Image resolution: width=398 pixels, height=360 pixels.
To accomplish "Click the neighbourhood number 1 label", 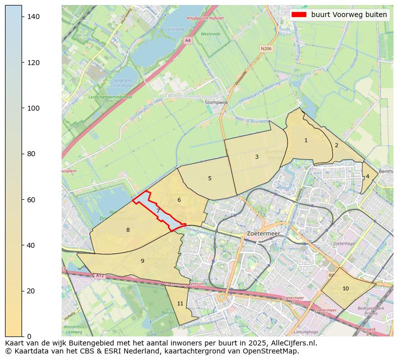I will tap(306, 141).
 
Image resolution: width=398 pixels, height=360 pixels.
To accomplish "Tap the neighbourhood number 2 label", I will tap(336, 146).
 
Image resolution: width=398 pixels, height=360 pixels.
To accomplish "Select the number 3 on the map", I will tap(257, 157).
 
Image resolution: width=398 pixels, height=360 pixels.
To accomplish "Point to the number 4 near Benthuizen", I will tap(367, 176).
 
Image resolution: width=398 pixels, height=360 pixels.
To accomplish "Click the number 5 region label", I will tap(210, 178).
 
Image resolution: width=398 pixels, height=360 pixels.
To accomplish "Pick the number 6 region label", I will tap(178, 200).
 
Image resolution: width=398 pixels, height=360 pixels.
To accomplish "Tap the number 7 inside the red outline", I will tap(158, 211).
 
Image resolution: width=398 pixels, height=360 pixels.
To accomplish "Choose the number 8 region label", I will tap(128, 230).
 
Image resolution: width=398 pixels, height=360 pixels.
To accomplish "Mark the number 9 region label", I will tap(142, 261).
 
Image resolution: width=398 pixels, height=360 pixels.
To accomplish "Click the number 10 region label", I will tap(345, 288).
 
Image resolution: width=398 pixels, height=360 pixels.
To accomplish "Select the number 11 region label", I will tap(180, 303).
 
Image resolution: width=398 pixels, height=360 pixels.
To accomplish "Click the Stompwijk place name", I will tap(216, 102).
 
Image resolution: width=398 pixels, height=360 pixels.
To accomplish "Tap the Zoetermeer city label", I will tap(264, 234).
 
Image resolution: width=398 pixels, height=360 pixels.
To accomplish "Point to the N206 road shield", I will tap(266, 49).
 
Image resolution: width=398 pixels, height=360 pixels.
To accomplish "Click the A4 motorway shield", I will tap(188, 40).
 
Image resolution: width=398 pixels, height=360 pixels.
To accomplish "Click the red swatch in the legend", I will tap(299, 15).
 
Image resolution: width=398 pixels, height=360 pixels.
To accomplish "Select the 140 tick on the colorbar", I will tap(33, 17).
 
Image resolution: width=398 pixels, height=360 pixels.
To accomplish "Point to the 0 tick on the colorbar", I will tap(30, 336).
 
